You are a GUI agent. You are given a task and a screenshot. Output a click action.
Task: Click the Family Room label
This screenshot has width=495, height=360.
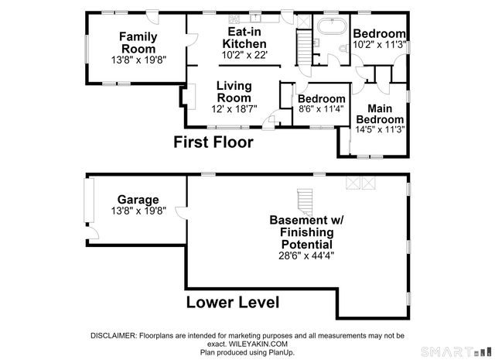pos(138,43)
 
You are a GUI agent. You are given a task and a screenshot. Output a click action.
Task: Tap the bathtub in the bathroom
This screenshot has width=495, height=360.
pos(332,26)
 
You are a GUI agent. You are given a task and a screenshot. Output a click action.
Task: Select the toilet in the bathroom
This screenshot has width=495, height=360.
pos(343,49)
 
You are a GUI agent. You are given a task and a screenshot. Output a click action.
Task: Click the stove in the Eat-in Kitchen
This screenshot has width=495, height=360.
pos(234,19)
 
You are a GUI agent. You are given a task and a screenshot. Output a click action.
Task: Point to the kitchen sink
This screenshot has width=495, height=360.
pos(255,18)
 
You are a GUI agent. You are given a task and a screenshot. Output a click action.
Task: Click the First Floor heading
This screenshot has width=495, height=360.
pos(213,142)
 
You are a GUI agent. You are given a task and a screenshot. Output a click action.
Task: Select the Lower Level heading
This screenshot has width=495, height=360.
pos(233,302)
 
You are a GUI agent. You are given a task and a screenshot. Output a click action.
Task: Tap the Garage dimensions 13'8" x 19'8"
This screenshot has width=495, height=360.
pos(138,211)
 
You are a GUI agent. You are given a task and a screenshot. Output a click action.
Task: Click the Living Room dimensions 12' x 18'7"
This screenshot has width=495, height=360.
pos(234,109)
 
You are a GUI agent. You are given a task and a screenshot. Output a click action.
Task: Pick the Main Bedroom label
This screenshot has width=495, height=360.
pos(380,114)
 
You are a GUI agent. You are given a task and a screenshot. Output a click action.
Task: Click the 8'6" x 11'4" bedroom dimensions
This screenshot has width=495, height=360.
pos(321,109)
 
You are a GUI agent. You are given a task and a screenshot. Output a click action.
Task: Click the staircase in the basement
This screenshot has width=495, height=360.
pos(305,202)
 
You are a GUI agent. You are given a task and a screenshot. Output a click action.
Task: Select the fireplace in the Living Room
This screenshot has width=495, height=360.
pos(189,97)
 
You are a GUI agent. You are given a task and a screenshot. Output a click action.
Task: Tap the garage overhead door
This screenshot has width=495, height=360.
pos(89,200)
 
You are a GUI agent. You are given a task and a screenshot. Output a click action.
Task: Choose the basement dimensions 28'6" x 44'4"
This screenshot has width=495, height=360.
pos(306,255)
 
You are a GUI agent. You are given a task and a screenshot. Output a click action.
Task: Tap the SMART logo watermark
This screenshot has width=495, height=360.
pos(456,351)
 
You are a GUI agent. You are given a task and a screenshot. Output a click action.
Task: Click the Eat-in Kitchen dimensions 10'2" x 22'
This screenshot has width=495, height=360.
pos(244,55)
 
